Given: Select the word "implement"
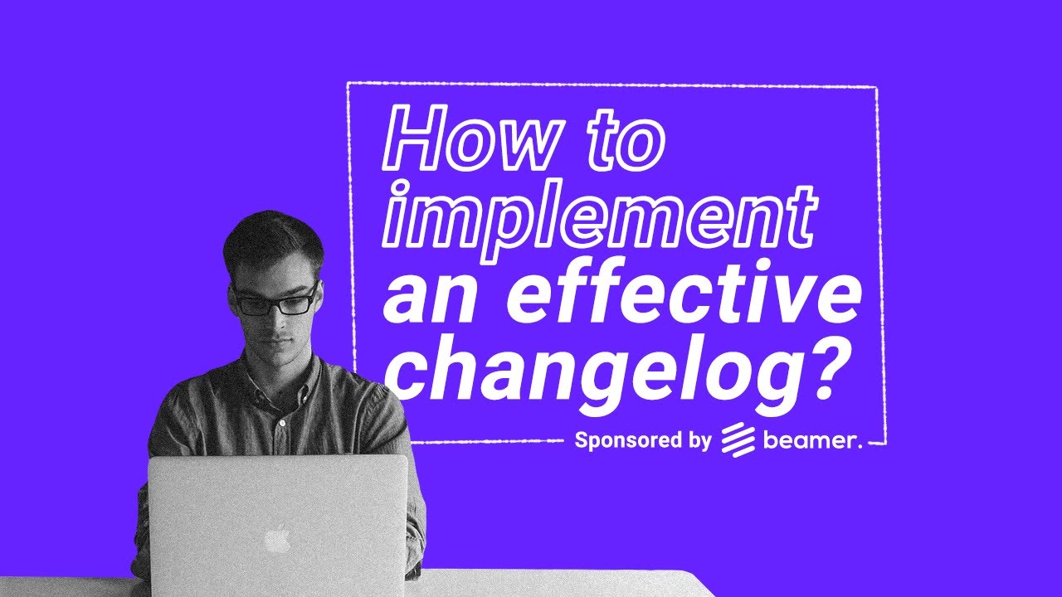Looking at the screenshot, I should click(x=595, y=217).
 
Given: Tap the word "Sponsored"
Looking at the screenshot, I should click(x=627, y=440).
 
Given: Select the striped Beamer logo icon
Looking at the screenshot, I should click(x=736, y=440).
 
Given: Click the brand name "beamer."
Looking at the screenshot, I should click(x=812, y=440).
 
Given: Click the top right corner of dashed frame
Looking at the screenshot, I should click(x=876, y=87).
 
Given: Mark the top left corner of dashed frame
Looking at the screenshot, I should click(x=348, y=83).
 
